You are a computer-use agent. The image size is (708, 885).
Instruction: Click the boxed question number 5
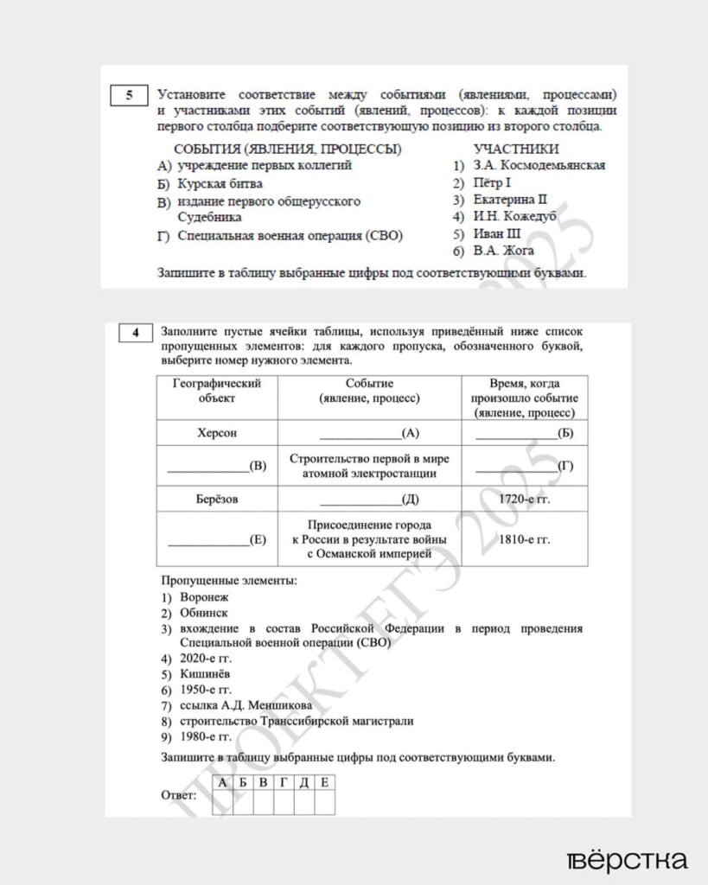(130, 95)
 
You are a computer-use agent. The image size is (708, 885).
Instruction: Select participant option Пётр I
(493, 182)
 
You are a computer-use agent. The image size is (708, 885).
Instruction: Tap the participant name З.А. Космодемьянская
(539, 165)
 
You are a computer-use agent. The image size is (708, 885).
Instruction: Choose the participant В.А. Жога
(504, 251)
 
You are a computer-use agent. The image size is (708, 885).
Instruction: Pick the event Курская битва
(220, 183)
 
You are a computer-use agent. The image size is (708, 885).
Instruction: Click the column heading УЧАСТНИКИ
(516, 149)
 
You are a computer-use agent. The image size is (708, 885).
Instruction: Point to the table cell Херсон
(217, 433)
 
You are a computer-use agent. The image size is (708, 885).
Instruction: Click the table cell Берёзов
(217, 499)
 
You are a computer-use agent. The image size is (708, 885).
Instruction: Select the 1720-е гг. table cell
(525, 499)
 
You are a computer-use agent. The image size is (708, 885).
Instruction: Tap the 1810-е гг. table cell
(525, 539)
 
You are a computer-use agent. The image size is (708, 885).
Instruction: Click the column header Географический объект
(217, 391)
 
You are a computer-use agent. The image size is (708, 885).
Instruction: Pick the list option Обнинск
(204, 612)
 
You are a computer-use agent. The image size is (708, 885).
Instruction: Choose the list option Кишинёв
(206, 673)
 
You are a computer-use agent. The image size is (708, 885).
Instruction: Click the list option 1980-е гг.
(206, 736)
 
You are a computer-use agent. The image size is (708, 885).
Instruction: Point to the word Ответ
(179, 794)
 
